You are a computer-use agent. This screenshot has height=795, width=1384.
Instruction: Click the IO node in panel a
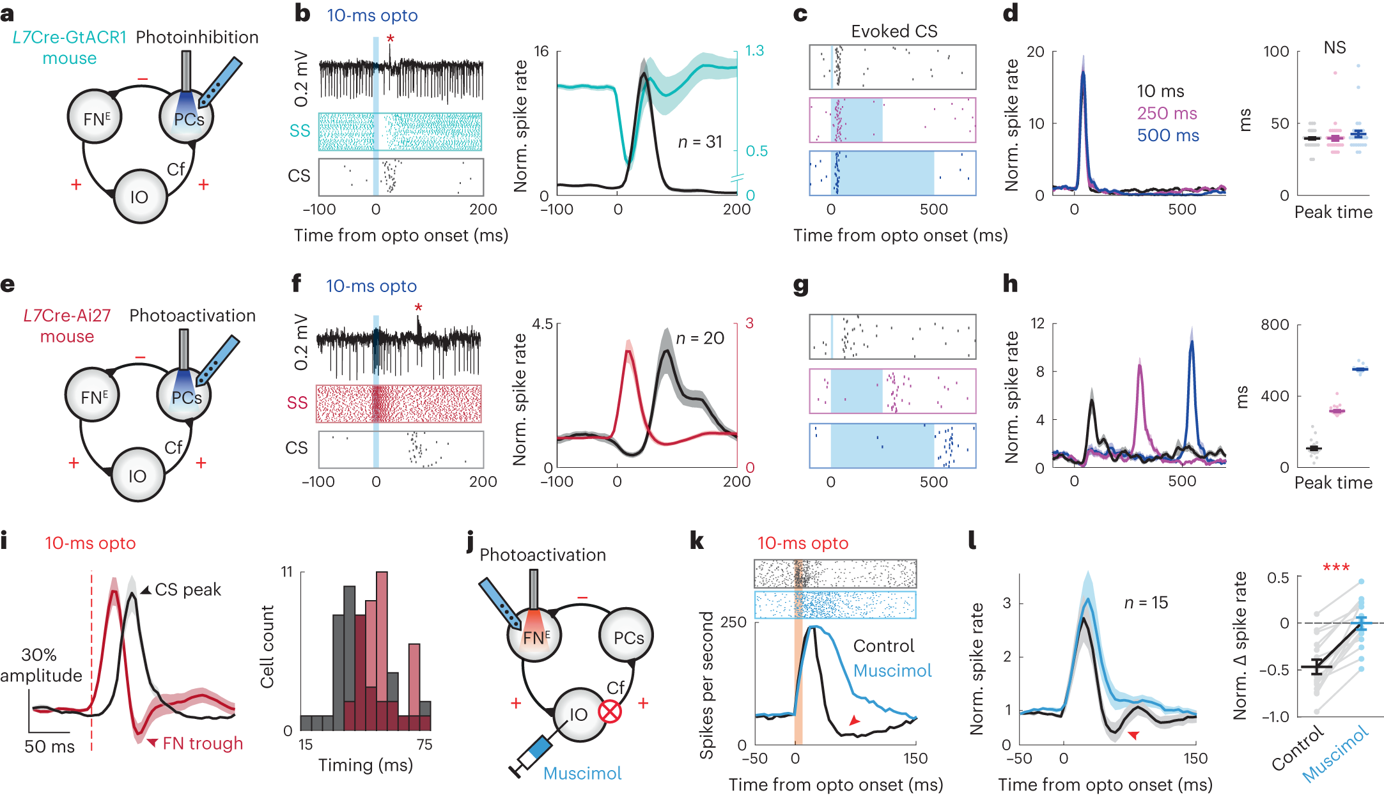tap(139, 197)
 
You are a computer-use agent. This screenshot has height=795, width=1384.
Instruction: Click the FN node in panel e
tap(93, 397)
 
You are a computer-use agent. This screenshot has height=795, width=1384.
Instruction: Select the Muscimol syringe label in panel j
tap(582, 773)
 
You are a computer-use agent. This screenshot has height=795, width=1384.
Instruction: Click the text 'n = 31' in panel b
tap(700, 142)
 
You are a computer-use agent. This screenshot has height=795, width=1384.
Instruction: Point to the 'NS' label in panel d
tap(1335, 48)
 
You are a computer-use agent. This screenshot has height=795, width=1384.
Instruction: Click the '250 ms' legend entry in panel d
tap(1167, 113)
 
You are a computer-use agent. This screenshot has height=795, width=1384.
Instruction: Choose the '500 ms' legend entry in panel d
tap(1168, 135)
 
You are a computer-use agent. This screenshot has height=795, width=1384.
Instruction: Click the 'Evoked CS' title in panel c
tap(894, 31)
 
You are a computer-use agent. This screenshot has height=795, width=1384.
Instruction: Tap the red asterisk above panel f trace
tap(418, 309)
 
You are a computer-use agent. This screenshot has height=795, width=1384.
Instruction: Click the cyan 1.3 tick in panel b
tap(754, 50)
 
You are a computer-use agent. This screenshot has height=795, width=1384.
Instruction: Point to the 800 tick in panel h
tap(1274, 325)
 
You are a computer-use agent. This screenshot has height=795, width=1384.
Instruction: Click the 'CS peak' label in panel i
tap(187, 589)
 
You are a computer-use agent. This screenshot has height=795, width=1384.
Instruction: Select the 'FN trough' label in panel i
tap(203, 743)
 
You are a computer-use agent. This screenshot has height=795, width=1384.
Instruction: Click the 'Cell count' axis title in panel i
tap(267, 647)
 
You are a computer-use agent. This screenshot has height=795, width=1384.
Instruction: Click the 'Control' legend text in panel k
tap(883, 646)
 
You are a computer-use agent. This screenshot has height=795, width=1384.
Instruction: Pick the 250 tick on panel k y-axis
tap(733, 622)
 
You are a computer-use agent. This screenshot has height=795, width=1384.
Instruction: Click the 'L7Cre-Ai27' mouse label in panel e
tap(67, 316)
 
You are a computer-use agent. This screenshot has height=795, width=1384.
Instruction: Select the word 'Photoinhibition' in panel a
tap(197, 37)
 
